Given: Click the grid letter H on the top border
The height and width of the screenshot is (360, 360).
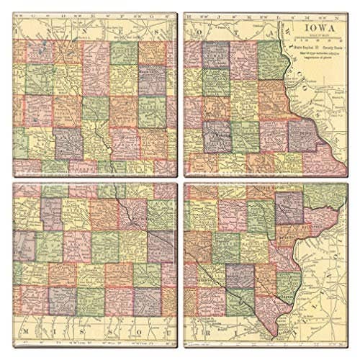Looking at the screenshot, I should point(204,14).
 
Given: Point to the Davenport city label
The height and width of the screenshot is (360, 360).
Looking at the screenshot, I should point(316,229).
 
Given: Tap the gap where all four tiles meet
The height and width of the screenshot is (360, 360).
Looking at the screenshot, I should point(180,180).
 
